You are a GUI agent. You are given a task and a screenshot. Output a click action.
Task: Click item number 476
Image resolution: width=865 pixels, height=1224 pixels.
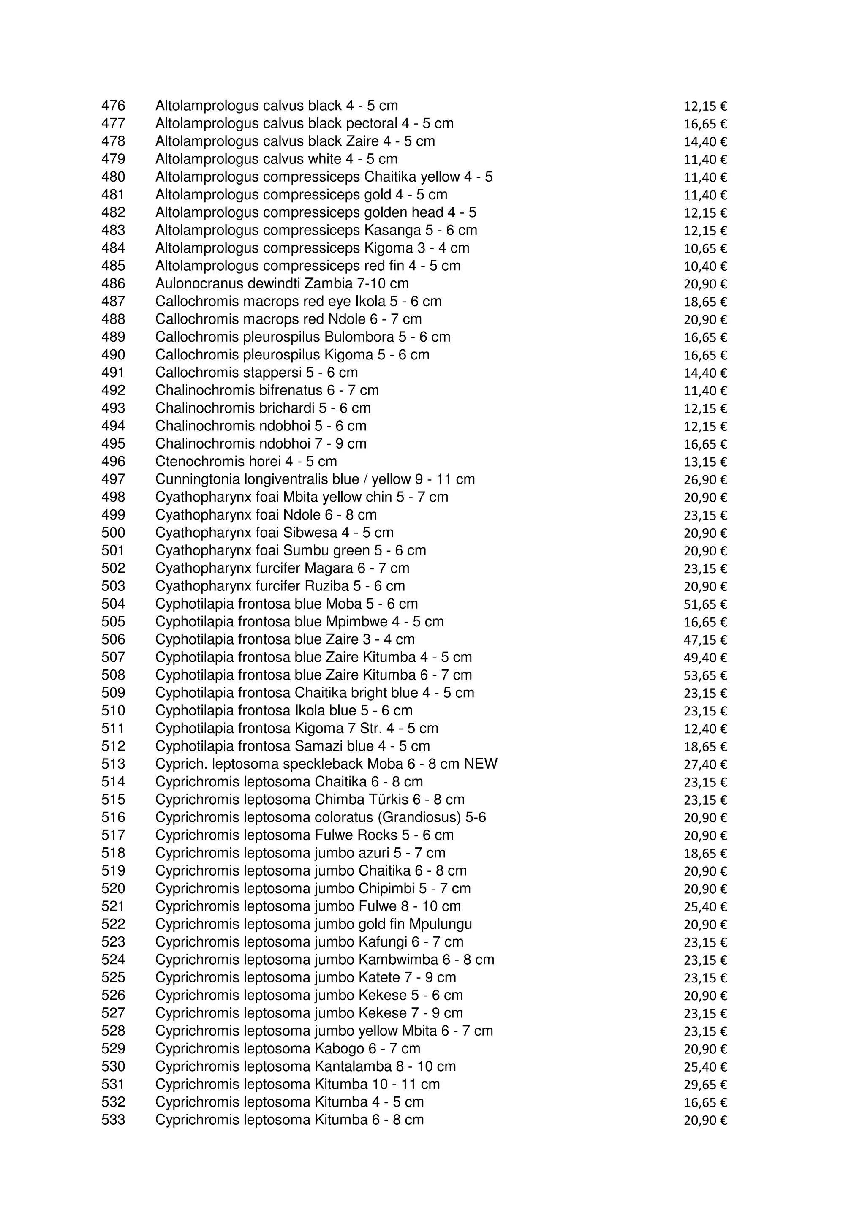point(113,106)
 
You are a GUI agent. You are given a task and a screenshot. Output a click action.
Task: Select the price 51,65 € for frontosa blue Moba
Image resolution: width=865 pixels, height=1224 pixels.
point(705,604)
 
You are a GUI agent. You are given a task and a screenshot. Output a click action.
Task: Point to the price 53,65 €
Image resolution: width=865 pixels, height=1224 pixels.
point(705,675)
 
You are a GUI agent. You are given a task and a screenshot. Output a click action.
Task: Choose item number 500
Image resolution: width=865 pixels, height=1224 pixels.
point(113,533)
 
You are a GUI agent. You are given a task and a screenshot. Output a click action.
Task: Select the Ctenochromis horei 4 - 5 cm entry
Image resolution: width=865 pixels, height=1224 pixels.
point(246,461)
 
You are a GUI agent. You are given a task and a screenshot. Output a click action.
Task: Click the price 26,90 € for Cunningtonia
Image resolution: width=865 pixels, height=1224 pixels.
point(705,480)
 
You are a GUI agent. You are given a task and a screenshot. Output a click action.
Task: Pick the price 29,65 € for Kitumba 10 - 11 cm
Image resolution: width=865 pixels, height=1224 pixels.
point(705,1085)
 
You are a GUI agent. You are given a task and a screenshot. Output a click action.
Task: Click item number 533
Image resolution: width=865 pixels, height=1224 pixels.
point(113,1120)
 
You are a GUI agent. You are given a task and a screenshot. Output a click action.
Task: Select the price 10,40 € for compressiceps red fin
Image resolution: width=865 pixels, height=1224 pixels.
point(705,266)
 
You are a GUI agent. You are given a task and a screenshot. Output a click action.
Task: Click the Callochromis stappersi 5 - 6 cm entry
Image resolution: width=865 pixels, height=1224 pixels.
point(256,373)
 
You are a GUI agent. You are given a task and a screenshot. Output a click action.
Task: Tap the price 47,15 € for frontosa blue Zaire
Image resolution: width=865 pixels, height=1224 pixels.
point(705,640)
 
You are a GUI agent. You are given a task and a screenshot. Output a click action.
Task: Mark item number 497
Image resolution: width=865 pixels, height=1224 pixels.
point(113,479)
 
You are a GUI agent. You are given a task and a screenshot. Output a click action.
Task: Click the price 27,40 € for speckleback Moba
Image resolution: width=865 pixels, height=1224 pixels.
point(705,764)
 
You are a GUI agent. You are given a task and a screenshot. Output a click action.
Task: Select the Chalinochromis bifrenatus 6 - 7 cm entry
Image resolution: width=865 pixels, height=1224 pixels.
point(267,390)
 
